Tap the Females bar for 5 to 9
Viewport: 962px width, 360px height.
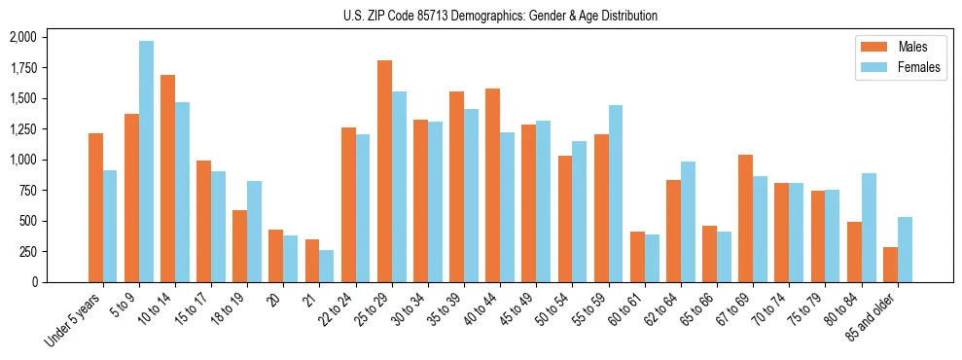(146, 162)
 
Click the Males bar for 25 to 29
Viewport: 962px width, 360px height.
(384, 171)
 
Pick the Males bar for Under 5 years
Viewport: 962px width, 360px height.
(95, 207)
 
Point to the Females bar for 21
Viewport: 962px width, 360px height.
(327, 266)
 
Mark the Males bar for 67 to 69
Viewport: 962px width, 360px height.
(746, 218)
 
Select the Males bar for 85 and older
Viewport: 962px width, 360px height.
(890, 265)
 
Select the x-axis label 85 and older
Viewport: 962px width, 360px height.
(872, 320)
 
